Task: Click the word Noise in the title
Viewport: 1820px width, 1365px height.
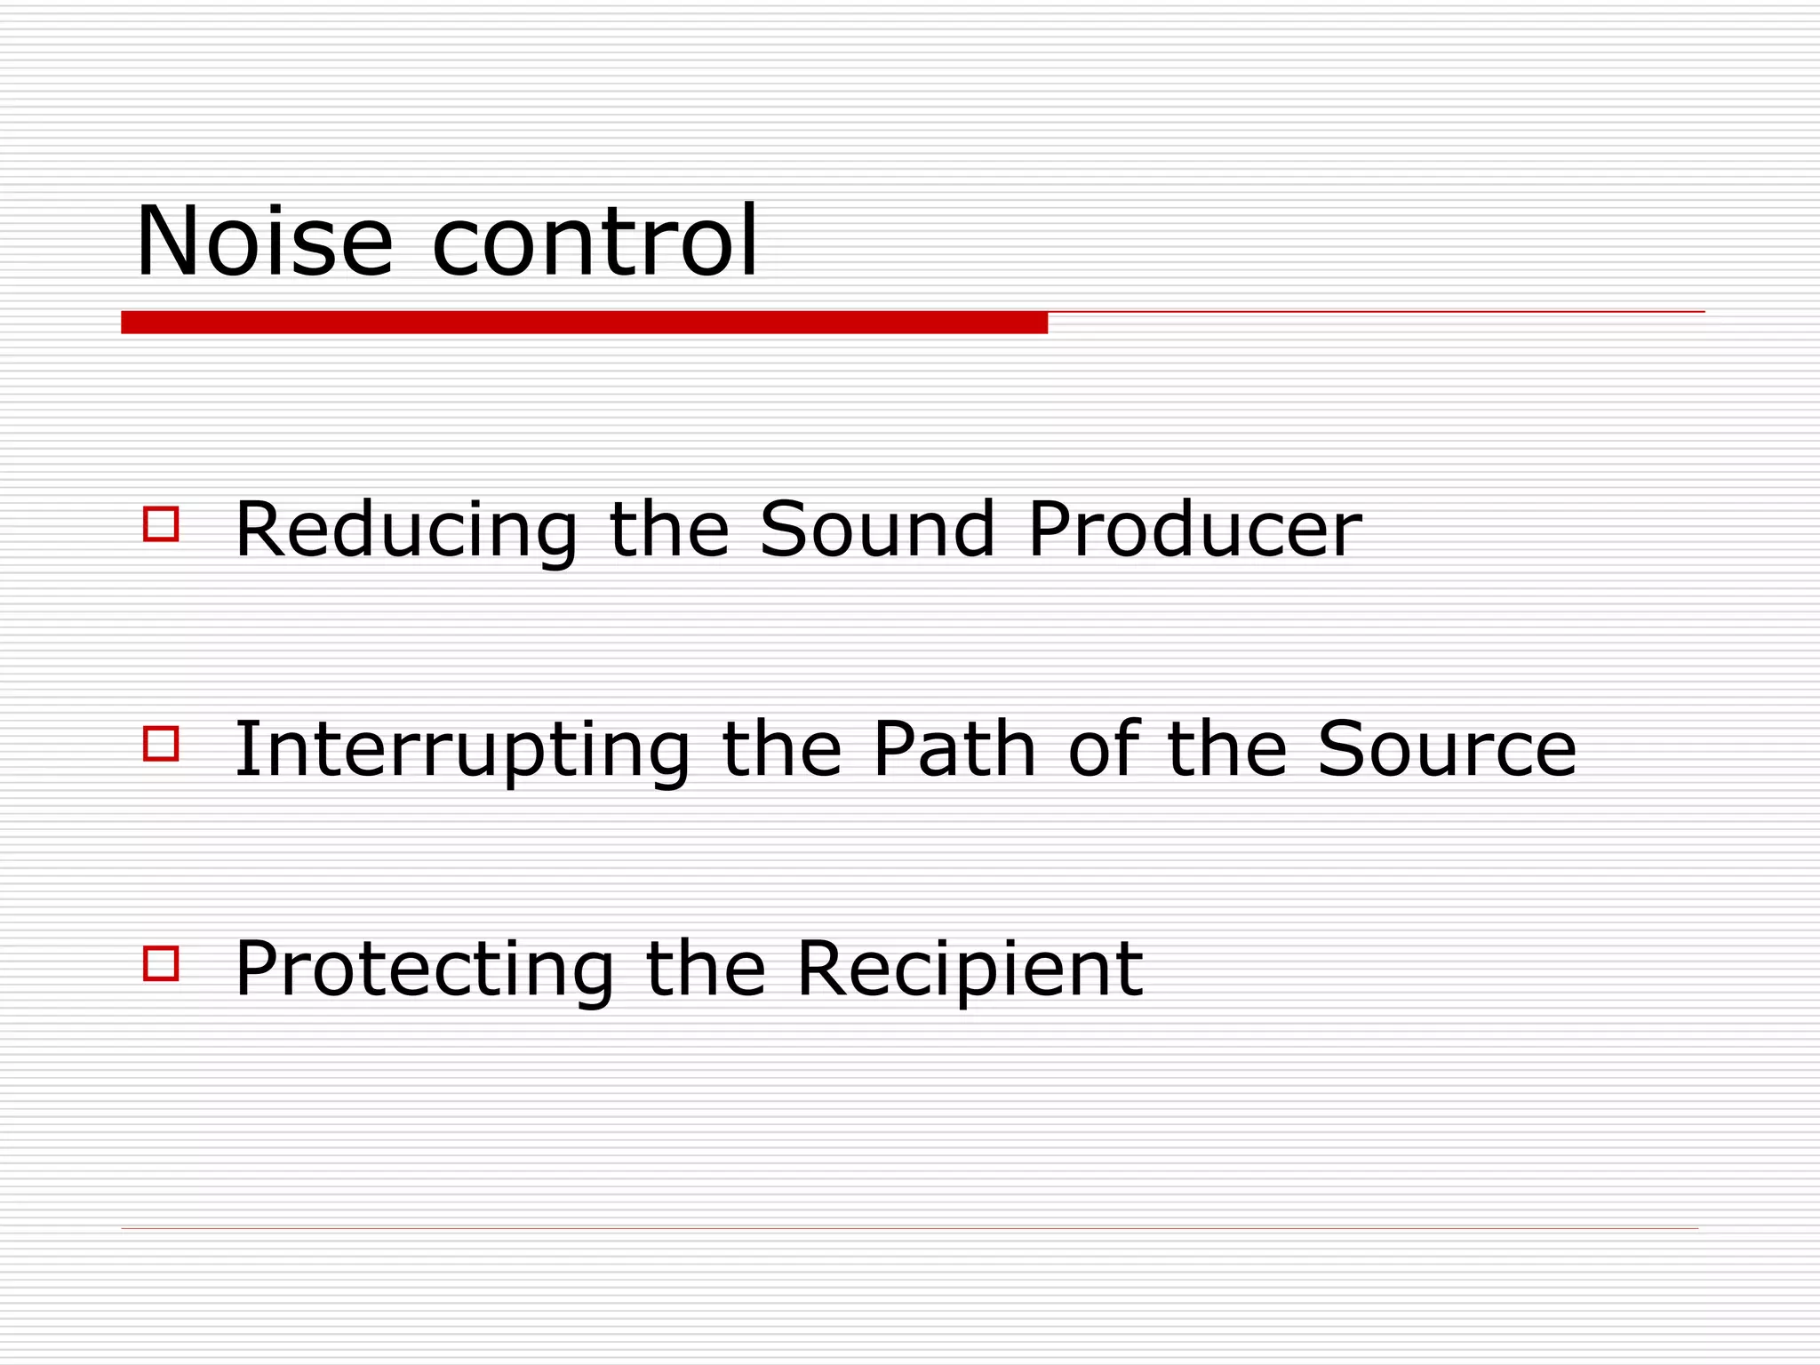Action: coord(264,242)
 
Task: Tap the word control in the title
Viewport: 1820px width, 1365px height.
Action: coord(595,242)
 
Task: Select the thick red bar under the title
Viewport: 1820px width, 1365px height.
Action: coord(584,323)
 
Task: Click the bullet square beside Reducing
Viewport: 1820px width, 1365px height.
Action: coord(161,524)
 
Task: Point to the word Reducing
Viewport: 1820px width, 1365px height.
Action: coord(406,531)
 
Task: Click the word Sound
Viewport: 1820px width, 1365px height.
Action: coord(877,531)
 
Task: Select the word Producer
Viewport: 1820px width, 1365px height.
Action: coord(1194,531)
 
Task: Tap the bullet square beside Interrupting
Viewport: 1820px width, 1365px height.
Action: coord(161,744)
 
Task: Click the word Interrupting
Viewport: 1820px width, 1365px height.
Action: coord(462,751)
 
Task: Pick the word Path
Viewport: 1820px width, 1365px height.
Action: coord(954,751)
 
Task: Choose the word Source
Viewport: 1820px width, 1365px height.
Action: coord(1447,751)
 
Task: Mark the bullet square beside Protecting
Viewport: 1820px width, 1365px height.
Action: coord(161,963)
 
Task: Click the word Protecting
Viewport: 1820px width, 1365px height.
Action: coord(424,970)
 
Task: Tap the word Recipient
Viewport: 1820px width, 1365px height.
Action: coord(970,970)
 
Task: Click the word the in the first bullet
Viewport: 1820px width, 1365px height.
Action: coord(669,531)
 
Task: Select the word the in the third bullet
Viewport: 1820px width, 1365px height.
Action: coord(706,970)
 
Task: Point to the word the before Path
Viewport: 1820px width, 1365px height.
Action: coord(782,751)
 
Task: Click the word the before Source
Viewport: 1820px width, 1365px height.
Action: coord(1226,751)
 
